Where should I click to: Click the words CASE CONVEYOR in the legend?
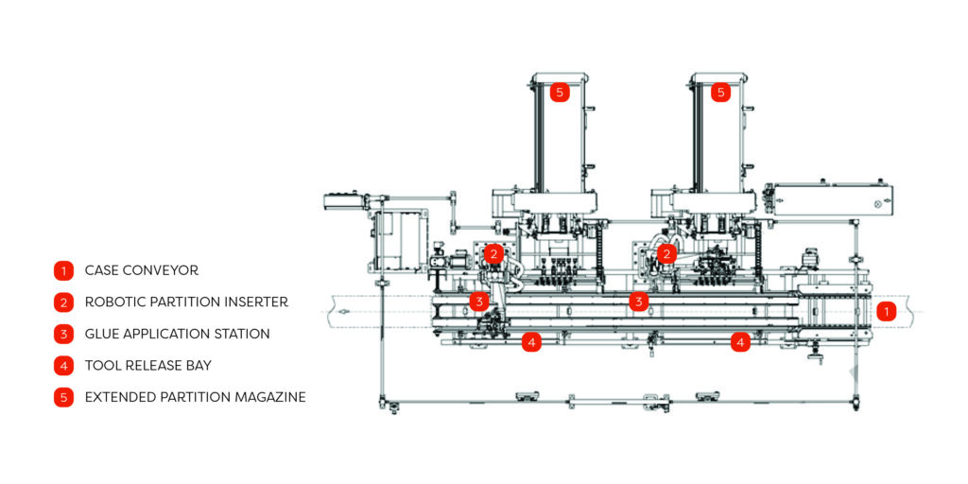[141, 270]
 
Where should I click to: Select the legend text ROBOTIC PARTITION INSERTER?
[186, 302]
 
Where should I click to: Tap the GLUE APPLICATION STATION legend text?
[177, 334]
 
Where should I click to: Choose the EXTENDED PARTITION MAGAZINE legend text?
[195, 397]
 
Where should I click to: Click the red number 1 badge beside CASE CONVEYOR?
[63, 270]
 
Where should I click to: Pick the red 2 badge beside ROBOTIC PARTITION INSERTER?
[63, 302]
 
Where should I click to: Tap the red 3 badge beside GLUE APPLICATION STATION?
[63, 334]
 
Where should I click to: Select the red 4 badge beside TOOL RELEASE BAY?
[63, 366]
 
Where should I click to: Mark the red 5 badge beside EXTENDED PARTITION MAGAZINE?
[63, 397]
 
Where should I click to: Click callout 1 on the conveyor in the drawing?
[886, 310]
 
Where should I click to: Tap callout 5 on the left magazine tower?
[560, 93]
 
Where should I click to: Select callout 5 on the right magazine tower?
[720, 93]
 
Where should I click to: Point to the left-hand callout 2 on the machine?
[493, 253]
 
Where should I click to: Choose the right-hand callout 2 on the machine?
[667, 253]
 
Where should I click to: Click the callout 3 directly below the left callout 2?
[479, 302]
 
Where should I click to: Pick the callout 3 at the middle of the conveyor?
[639, 302]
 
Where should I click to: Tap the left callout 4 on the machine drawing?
[532, 342]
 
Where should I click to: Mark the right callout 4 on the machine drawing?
[741, 342]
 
